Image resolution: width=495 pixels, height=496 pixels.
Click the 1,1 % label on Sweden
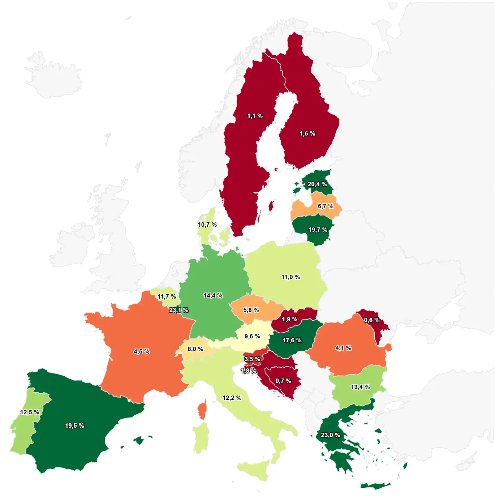[x=255, y=116]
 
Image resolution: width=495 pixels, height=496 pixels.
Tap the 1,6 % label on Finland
[x=307, y=134]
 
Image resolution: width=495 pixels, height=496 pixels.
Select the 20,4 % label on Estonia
[x=317, y=184]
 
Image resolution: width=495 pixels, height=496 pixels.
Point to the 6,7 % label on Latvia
[x=326, y=206]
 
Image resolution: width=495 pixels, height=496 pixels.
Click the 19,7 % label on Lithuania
[x=318, y=230]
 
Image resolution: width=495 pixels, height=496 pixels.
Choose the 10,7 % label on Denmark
[x=207, y=225]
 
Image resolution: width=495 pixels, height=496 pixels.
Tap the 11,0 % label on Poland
[x=290, y=277]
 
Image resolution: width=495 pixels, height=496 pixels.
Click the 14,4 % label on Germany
[x=213, y=296]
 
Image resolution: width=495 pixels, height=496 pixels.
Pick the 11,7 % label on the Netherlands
[x=167, y=297]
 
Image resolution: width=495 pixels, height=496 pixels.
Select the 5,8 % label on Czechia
[x=251, y=310]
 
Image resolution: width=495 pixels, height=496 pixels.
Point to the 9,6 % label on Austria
[x=252, y=337]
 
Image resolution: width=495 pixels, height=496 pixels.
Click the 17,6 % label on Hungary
[x=292, y=341]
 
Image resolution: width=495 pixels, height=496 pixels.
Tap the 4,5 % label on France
[x=141, y=352]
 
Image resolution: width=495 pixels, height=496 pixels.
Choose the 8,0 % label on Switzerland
[x=195, y=349]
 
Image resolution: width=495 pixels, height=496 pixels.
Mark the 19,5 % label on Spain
[x=74, y=426]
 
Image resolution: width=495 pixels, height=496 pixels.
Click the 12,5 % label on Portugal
[x=30, y=412]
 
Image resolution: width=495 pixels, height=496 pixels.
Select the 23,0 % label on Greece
[x=330, y=435]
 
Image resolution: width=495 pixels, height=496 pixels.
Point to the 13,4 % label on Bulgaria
[x=360, y=387]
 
